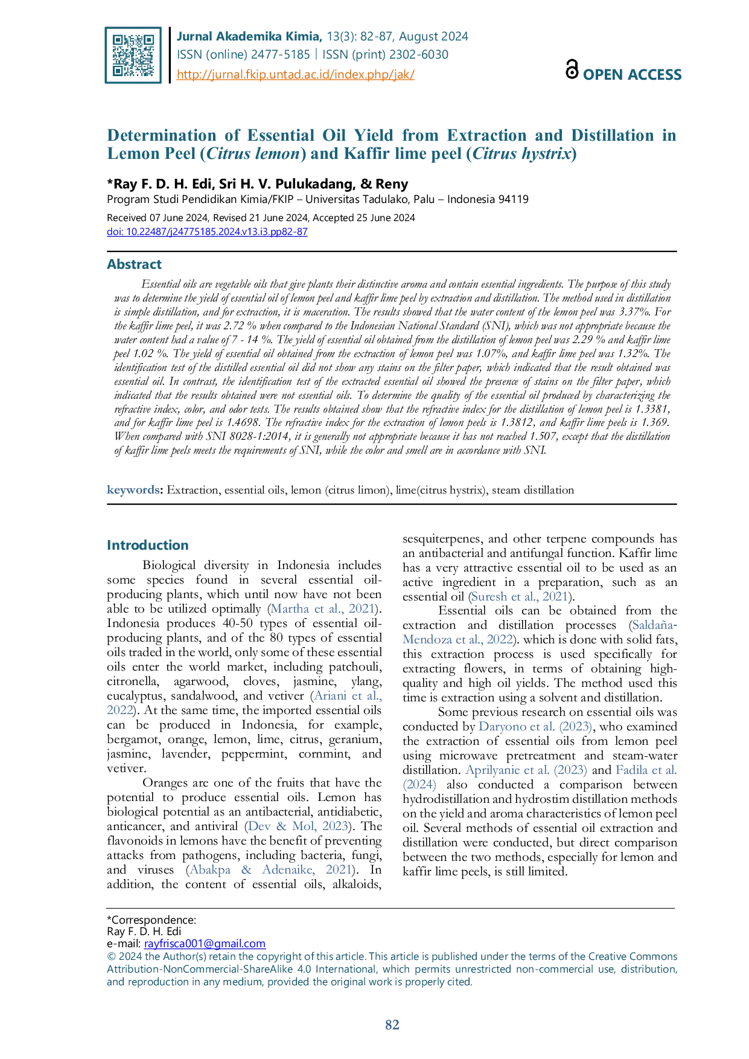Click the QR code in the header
133,55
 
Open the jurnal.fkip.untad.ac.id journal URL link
296,74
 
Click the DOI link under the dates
207,231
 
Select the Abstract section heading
134,264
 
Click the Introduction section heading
148,545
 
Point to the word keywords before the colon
133,490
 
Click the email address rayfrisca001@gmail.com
205,944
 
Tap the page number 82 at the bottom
392,1025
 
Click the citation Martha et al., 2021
324,609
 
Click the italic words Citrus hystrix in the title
521,154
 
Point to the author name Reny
392,184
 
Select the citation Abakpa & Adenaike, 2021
270,870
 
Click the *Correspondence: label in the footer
151,920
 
